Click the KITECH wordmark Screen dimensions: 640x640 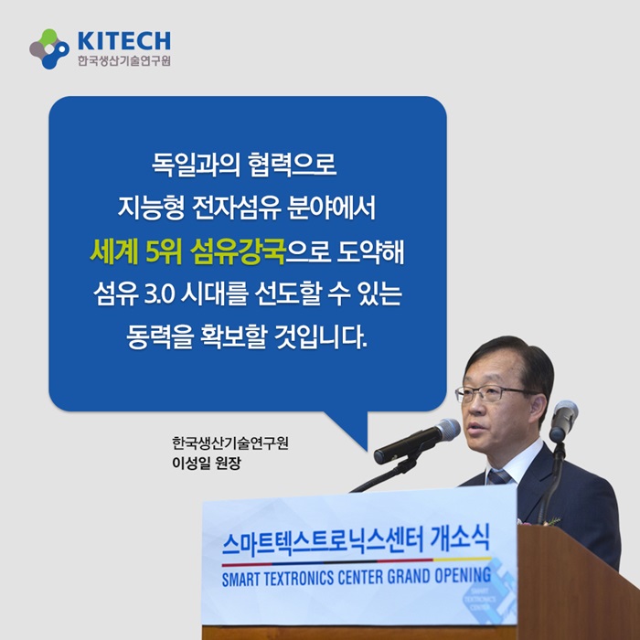pos(124,41)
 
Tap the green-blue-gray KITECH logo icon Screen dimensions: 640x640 pos(49,49)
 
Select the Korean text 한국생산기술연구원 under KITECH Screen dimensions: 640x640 pos(124,61)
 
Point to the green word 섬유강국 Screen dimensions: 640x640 pos(238,251)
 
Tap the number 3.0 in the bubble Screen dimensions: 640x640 pos(160,294)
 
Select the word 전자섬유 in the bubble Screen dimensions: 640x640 pos(238,208)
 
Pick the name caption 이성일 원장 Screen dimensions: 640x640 pos(207,463)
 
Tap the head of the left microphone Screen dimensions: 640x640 pos(447,431)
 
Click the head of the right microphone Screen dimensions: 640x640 pos(564,414)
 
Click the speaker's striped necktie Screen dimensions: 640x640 pos(499,476)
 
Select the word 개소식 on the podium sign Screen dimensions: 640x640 pos(460,539)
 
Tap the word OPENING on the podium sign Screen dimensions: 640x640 pos(463,575)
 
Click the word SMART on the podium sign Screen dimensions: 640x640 pos(240,580)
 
